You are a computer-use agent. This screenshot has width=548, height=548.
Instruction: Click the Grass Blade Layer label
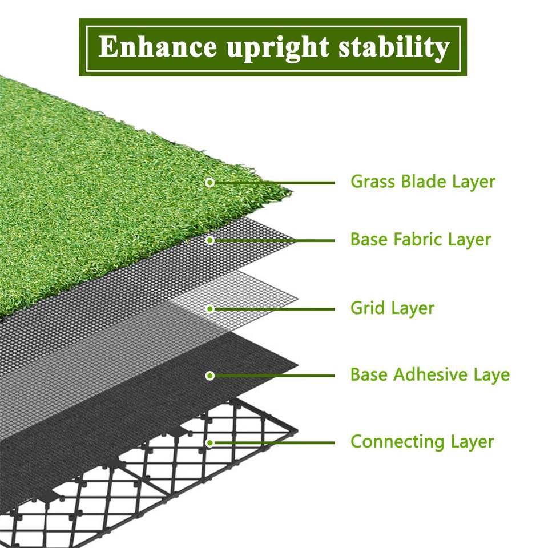pyautogui.click(x=422, y=182)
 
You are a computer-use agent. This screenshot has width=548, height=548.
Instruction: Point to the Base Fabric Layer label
pyautogui.click(x=421, y=239)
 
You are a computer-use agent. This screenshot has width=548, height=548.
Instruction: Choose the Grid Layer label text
pyautogui.click(x=392, y=308)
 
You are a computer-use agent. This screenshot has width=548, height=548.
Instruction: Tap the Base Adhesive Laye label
pyautogui.click(x=430, y=375)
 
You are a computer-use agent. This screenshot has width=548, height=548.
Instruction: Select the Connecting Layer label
pyautogui.click(x=422, y=441)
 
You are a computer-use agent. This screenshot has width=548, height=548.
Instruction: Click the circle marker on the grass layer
pyautogui.click(x=210, y=183)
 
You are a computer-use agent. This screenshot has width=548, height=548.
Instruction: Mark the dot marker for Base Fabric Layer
pyautogui.click(x=210, y=240)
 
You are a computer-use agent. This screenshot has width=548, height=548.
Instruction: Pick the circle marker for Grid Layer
pyautogui.click(x=210, y=309)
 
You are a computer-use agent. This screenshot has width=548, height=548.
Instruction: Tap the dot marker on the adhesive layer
pyautogui.click(x=210, y=376)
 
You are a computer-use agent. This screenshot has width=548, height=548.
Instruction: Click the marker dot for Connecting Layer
pyautogui.click(x=210, y=442)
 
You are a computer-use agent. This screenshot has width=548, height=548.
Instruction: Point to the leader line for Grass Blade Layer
pyautogui.click(x=274, y=183)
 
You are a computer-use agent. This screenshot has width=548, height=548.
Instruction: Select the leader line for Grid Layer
pyautogui.click(x=274, y=309)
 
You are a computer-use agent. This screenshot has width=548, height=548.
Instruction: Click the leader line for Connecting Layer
pyautogui.click(x=274, y=442)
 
